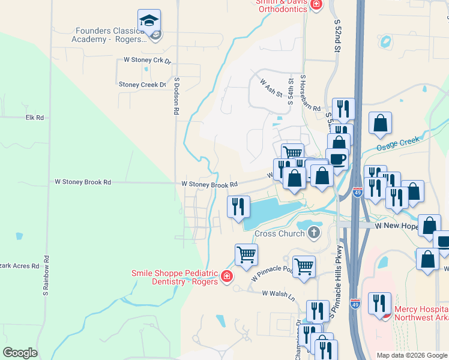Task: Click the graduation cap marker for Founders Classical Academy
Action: click(149, 21)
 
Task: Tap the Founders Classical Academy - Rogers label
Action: click(111, 35)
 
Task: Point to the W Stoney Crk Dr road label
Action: click(147, 60)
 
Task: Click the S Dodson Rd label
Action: click(176, 96)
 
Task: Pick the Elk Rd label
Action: click(35, 118)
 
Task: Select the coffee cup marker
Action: click(337, 159)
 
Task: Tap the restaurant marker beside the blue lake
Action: click(238, 207)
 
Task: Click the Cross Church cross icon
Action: click(312, 232)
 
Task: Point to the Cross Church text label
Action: click(280, 234)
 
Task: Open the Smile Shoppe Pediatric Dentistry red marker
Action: click(227, 277)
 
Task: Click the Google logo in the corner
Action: click(20, 352)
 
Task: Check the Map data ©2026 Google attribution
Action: click(412, 355)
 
